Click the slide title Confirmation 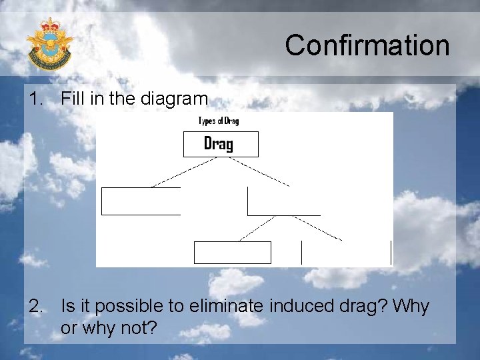367,45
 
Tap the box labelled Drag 220,144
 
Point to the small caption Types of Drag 219,121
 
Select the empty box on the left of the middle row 141,201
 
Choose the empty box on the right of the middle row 283,201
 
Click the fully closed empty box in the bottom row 233,253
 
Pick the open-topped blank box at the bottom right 346,253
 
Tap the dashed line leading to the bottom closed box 257,228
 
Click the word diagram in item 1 175,99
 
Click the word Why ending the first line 411,307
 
